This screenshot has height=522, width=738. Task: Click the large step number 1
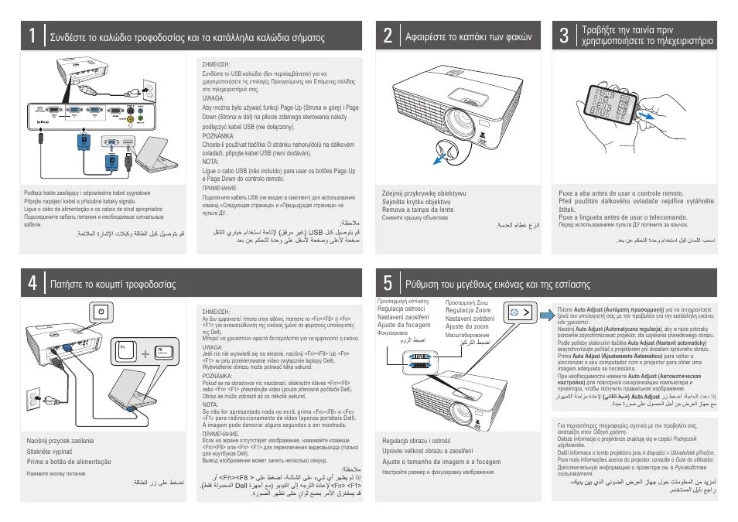[x=32, y=36]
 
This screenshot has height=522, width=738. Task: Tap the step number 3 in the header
[x=564, y=36]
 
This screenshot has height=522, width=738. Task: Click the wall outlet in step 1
[x=149, y=92]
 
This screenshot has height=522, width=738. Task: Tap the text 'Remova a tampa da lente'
[x=418, y=210]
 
